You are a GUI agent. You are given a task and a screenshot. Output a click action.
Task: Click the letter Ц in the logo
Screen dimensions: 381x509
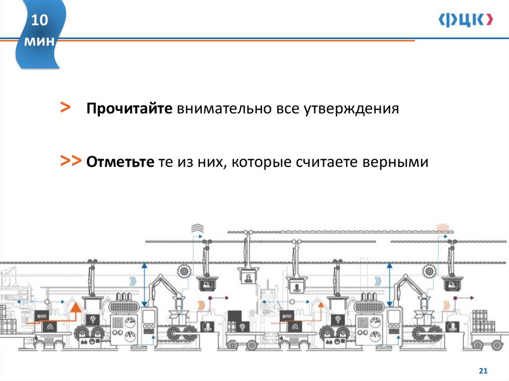click(x=464, y=19)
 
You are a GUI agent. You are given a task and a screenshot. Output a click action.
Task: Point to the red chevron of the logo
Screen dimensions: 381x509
click(x=490, y=19)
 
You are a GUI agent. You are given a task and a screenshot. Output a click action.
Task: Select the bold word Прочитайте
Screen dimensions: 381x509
click(x=129, y=109)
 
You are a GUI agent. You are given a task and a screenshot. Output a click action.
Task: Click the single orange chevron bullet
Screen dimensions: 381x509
click(x=66, y=108)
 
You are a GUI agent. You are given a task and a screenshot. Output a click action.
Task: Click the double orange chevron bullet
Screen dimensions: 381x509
click(x=71, y=161)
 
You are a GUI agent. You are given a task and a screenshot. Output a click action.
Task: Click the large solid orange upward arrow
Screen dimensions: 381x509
click(x=75, y=309)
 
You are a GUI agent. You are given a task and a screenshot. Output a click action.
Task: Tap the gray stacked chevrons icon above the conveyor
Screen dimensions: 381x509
click(x=197, y=228)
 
